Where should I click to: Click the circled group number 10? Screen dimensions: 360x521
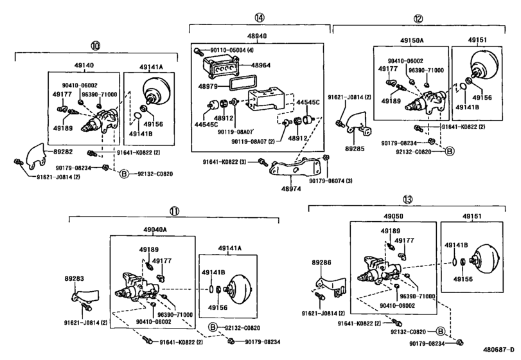95,46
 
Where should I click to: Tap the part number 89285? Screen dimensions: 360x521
354,147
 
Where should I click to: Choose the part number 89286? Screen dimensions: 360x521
322,263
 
